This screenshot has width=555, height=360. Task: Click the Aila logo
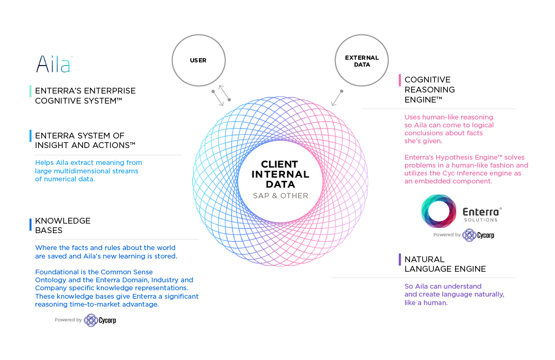(x=53, y=64)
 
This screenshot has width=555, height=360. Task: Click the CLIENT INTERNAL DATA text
(x=280, y=174)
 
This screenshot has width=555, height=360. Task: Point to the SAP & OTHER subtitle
(x=280, y=196)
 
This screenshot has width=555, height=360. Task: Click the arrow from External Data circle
(x=337, y=98)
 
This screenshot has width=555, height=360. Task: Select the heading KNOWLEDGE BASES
(x=62, y=225)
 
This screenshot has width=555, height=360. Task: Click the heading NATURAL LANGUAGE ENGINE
(x=445, y=264)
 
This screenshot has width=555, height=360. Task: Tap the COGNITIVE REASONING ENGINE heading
(x=430, y=89)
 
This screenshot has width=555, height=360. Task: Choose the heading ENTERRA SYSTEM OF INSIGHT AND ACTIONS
(x=85, y=141)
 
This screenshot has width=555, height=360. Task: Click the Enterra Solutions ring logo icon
(x=439, y=211)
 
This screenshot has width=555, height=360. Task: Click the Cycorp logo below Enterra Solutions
(x=478, y=235)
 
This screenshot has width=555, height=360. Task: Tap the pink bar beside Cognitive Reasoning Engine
(x=400, y=80)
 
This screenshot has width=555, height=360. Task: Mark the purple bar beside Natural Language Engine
(x=400, y=260)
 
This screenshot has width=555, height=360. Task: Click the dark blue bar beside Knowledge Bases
(x=31, y=225)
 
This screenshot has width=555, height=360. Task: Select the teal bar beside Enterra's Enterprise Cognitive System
(x=31, y=91)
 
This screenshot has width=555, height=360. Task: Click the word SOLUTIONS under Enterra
(x=481, y=220)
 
